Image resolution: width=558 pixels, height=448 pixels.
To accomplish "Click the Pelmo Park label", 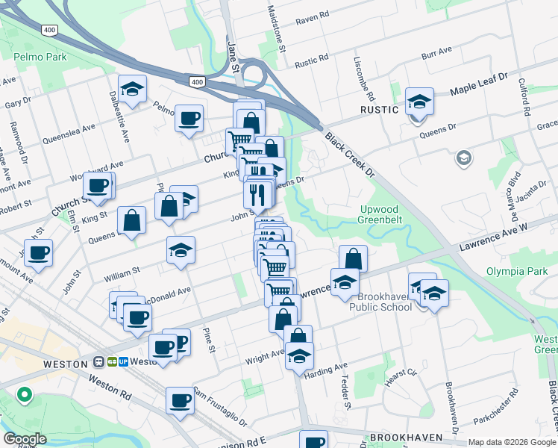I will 40,57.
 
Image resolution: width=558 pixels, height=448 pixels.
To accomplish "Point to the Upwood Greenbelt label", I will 386,215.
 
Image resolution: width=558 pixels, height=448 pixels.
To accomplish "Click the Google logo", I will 24,438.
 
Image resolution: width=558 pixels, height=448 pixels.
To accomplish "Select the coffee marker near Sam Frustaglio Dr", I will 180,401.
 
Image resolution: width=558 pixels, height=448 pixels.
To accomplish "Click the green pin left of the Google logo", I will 25,393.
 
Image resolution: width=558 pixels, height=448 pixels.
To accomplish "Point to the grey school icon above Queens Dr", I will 463,158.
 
